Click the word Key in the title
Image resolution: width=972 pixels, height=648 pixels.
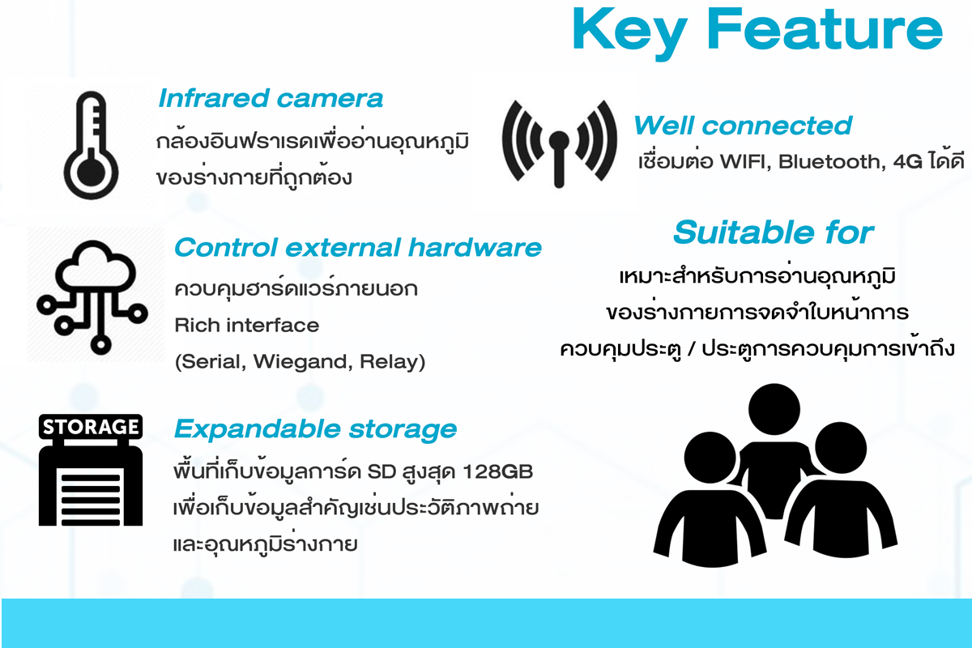tap(630, 33)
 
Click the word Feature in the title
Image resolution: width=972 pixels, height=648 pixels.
tap(825, 28)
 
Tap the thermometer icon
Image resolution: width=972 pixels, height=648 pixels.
tap(91, 146)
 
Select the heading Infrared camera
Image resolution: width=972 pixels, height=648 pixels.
tap(271, 98)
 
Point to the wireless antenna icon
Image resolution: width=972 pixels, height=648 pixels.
tap(560, 143)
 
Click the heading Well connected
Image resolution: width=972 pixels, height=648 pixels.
tap(743, 126)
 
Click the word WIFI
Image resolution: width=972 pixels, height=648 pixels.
tap(745, 161)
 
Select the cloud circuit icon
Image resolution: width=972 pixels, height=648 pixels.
tap(92, 297)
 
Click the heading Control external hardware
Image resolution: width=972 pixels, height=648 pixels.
tap(357, 247)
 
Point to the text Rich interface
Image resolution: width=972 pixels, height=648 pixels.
tap(246, 325)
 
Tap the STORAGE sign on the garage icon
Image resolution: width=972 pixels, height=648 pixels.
tap(91, 427)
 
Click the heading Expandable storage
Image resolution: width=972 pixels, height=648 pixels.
tap(315, 429)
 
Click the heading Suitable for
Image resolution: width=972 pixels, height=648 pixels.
tap(774, 232)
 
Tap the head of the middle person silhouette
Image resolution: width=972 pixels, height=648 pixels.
tap(774, 409)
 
